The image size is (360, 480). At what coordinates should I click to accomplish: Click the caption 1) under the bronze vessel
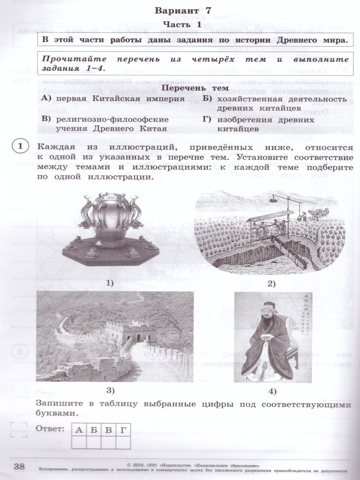[110, 283]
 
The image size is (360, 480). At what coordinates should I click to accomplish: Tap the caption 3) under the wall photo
[111, 390]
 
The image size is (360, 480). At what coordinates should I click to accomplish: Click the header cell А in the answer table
[79, 430]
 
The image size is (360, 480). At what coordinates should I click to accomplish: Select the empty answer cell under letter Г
[123, 443]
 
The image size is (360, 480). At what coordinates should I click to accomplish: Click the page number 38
[19, 466]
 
